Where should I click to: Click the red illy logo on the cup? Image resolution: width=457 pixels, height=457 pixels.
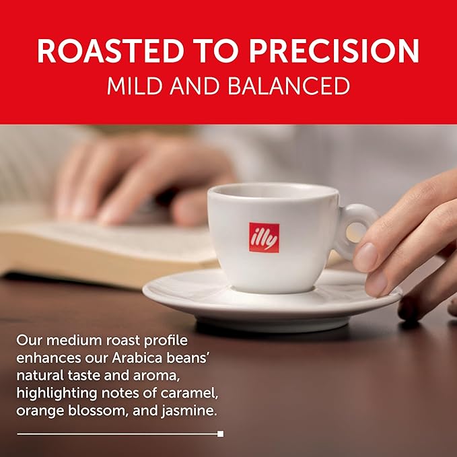(264, 238)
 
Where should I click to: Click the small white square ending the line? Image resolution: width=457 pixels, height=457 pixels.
(220, 434)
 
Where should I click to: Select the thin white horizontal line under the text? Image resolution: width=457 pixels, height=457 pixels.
(114, 434)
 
